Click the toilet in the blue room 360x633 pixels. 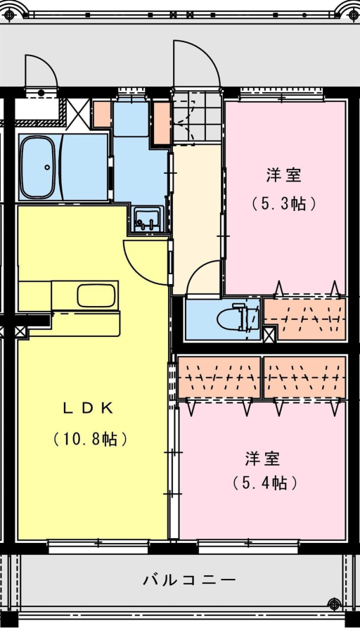pos(233,318)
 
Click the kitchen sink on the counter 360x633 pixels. pos(96,296)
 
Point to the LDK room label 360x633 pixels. pos(88,409)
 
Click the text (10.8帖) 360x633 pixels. pos(91,438)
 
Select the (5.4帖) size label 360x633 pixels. pos(265,482)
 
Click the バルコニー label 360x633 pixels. pos(189,580)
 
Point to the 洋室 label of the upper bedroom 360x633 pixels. pos(284,176)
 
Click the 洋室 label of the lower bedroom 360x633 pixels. pos(262,459)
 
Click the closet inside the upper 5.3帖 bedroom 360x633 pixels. pos(305,318)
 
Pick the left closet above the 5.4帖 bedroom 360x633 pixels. pos(219,377)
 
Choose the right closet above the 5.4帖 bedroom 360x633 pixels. pos(305,377)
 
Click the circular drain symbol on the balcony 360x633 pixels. pos(335,604)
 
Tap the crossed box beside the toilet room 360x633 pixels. pos(269,334)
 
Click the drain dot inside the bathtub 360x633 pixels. pos(47,167)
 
